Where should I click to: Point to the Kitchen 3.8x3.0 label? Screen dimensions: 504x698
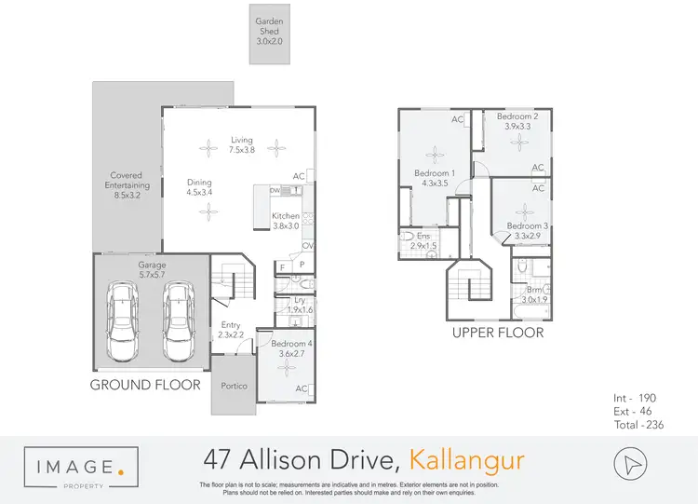pyautogui.click(x=286, y=221)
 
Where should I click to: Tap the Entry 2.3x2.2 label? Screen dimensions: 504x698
pyautogui.click(x=230, y=329)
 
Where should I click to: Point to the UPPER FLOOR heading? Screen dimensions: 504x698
pyautogui.click(x=498, y=333)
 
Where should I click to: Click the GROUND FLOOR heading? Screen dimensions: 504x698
pyautogui.click(x=144, y=384)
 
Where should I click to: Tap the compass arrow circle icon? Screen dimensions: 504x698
pyautogui.click(x=631, y=463)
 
